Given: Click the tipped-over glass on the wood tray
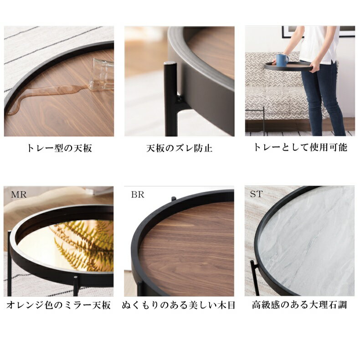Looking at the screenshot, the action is tap(102, 74).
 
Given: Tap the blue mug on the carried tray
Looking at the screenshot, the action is tap(282, 60).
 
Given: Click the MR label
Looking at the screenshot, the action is tap(19, 195).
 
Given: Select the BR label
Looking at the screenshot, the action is tap(138, 195).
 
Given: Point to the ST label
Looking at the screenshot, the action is tap(256, 194).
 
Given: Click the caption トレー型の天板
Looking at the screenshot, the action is tap(59, 148).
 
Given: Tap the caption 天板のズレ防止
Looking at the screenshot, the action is tap(179, 148).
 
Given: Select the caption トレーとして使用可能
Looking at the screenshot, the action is tap(300, 147).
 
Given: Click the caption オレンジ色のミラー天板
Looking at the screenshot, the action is tap(58, 305).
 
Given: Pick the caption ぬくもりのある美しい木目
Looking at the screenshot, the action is tap(178, 305).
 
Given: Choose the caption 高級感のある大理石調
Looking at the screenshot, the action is tap(299, 305).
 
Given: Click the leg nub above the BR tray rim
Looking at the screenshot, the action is tap(174, 199).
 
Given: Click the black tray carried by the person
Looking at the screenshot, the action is tap(288, 67).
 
